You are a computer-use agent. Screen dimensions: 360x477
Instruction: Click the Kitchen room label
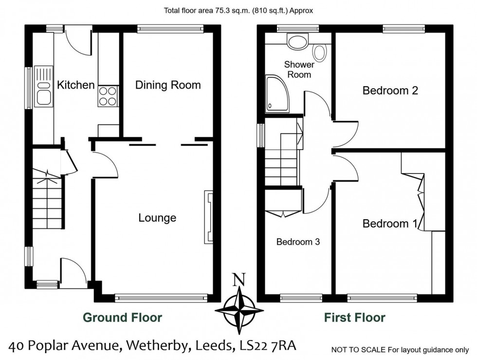coord(76,85)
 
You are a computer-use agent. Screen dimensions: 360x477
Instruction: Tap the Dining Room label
coord(168,85)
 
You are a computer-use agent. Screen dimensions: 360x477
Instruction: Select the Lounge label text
coord(157,218)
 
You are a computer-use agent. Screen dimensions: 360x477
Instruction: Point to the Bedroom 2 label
coord(390,91)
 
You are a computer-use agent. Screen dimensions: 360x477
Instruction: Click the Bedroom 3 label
coord(298,242)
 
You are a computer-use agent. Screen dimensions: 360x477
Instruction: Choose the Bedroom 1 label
coord(390,224)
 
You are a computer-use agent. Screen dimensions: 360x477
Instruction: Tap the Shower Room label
coord(299,69)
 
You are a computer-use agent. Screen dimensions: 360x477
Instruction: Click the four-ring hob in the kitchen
coord(108,96)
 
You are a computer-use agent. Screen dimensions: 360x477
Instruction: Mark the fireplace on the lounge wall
coord(208,217)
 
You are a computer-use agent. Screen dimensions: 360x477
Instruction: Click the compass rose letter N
coord(238,280)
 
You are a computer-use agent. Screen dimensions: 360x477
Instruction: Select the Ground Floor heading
coord(122,318)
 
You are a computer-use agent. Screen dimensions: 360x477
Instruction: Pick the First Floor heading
coord(355,318)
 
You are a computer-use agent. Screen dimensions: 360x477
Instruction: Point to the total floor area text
coord(238,10)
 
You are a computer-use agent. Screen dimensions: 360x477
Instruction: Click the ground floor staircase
coord(47,200)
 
